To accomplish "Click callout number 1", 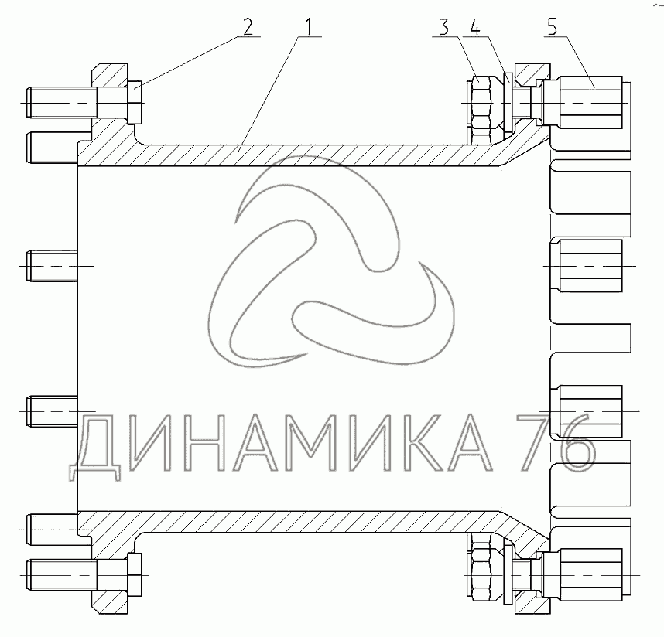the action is (x=308, y=26).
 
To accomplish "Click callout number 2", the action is (x=248, y=26).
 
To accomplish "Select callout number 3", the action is (x=443, y=26).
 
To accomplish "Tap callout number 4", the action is (x=475, y=26).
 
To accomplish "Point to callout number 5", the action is (x=553, y=26).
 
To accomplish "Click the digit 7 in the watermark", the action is (x=536, y=442).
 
